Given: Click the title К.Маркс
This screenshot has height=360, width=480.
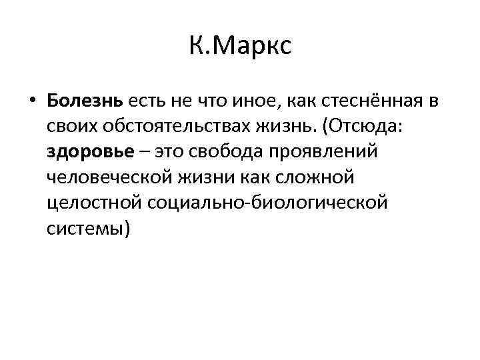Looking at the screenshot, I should pos(240,48).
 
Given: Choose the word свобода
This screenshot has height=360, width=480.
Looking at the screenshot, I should pos(221,151).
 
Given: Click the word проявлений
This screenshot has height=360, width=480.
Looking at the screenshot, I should pos(329,151).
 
